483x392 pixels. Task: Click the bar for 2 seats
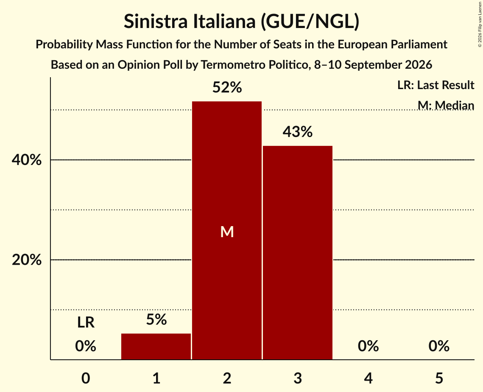(x=227, y=230)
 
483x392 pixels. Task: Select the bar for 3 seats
(x=298, y=253)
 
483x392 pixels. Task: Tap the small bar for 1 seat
(x=156, y=346)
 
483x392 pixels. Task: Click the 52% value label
(x=227, y=87)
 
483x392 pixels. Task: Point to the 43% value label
(x=298, y=132)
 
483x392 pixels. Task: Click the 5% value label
(x=156, y=319)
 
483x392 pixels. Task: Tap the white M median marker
(x=227, y=232)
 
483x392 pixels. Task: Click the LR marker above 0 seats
(x=86, y=322)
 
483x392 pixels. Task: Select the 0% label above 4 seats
(x=369, y=346)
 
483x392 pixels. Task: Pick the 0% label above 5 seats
(x=439, y=346)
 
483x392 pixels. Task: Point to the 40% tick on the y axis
(x=26, y=160)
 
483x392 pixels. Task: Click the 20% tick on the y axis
(x=26, y=260)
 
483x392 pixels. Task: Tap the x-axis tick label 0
(x=86, y=378)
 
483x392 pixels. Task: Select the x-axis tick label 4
(x=369, y=378)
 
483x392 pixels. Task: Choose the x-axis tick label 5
(x=439, y=378)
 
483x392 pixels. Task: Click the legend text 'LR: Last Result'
(x=436, y=85)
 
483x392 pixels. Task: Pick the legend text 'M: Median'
(x=446, y=105)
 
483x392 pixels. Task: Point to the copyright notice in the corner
(x=480, y=24)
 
